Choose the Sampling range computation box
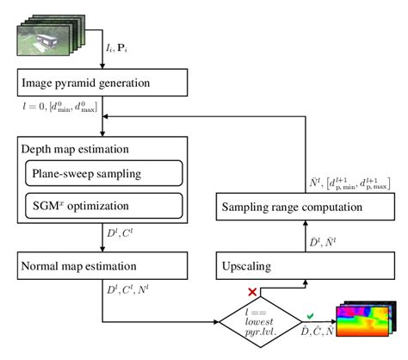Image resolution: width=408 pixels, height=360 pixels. coord(303,207)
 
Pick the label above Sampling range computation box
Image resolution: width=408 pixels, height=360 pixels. coord(349,181)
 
